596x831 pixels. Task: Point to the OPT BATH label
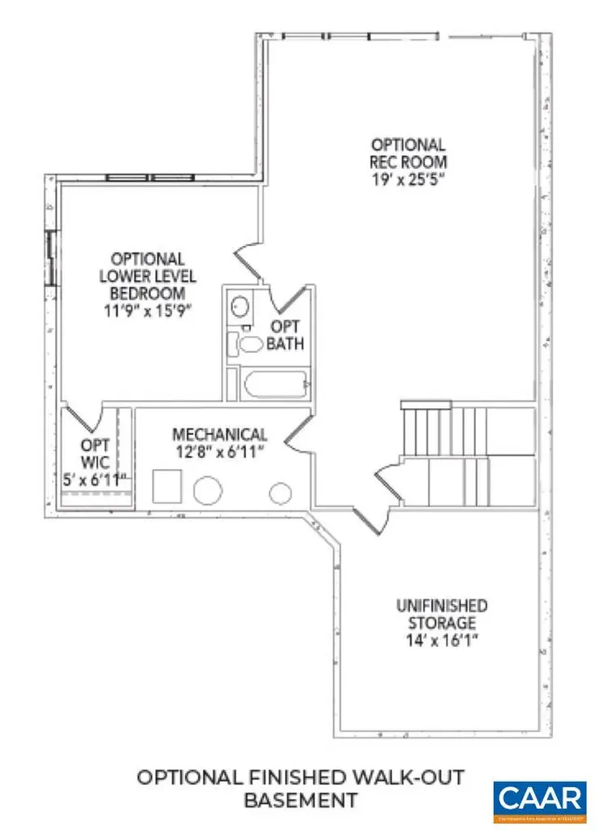click(x=286, y=335)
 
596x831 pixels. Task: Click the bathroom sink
click(x=240, y=307)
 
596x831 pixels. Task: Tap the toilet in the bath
click(x=248, y=344)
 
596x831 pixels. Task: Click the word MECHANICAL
click(x=219, y=435)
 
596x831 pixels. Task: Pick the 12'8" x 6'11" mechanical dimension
click(x=219, y=452)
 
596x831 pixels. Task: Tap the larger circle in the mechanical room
click(x=208, y=492)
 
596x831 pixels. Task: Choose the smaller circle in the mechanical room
click(x=281, y=492)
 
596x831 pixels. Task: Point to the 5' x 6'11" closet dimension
click(x=96, y=480)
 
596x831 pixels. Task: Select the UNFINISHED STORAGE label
click(x=442, y=614)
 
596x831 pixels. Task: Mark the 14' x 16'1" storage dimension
click(x=442, y=640)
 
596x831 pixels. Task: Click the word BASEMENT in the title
click(x=300, y=799)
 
